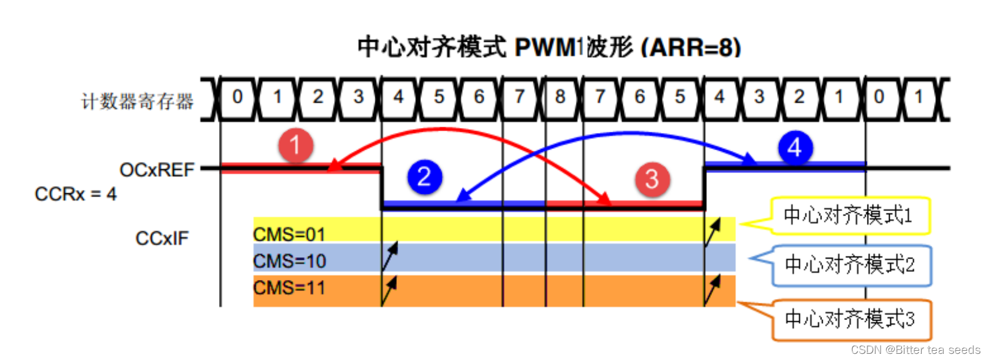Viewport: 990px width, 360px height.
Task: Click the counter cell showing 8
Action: tap(560, 97)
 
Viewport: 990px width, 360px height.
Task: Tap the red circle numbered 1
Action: tap(295, 145)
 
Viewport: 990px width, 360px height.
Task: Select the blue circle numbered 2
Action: tap(425, 177)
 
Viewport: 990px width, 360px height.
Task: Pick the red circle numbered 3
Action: tap(652, 180)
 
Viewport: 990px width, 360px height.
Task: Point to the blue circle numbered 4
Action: tap(795, 148)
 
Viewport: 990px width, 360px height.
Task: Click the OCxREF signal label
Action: tap(157, 170)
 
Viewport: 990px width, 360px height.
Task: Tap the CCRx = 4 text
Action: tap(76, 194)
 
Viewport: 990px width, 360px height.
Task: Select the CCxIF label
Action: tap(162, 238)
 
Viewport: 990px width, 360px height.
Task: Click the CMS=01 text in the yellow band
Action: tap(289, 234)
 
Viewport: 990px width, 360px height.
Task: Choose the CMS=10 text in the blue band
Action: tap(289, 262)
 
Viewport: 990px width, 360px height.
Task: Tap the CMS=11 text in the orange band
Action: tap(289, 288)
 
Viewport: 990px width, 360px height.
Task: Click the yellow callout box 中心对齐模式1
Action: tap(849, 215)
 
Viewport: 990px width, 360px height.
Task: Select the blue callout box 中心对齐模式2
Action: tap(850, 265)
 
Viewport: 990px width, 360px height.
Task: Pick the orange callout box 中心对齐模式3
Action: tap(850, 319)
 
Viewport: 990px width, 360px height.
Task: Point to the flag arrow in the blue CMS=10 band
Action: tap(389, 257)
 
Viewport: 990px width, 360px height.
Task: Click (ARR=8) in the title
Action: tap(691, 47)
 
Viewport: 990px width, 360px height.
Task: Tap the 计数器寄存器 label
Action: tap(137, 101)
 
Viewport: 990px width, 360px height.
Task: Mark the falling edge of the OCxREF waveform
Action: tap(382, 188)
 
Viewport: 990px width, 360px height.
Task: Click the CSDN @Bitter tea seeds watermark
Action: tap(916, 350)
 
